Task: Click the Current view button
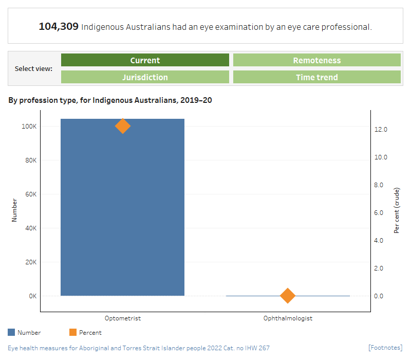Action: pos(145,60)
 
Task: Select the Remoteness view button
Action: pos(316,60)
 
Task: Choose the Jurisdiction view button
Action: pos(145,77)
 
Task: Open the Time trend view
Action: pos(316,77)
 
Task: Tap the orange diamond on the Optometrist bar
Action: pos(122,126)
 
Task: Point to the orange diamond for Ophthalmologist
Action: pos(288,296)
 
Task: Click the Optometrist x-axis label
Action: pos(122,318)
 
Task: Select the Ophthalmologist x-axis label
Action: pos(288,318)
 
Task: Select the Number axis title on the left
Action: pos(14,210)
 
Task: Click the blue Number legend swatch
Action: pos(12,333)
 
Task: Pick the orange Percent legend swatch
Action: pos(73,333)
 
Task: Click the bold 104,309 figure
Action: pos(59,26)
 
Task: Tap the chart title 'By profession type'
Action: pos(110,100)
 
